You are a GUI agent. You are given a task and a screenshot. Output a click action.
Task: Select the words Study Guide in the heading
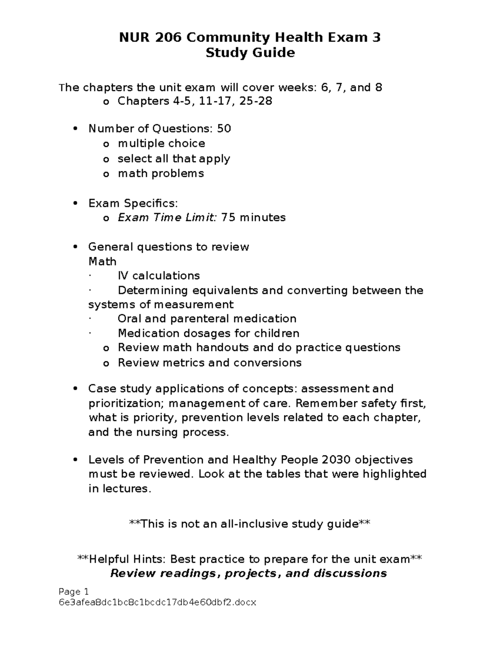coord(250,53)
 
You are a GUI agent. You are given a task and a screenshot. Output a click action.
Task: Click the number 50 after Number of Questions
coord(224,128)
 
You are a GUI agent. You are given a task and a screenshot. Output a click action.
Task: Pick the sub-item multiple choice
coord(161,143)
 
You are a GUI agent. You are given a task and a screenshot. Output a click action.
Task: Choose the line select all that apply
coord(174,159)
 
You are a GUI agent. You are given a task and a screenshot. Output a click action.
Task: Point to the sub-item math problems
coord(161,173)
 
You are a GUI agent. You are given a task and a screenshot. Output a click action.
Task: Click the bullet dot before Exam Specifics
coord(75,203)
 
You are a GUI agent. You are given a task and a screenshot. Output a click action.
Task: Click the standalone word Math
coord(102,262)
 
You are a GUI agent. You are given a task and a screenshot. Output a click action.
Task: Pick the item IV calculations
coord(159,276)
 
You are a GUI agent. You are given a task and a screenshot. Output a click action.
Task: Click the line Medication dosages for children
coord(208,333)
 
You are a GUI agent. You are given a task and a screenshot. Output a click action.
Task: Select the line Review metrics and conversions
coord(210,362)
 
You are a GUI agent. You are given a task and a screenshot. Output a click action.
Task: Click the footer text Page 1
coord(74,592)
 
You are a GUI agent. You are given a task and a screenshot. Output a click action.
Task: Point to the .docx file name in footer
coord(158,602)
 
